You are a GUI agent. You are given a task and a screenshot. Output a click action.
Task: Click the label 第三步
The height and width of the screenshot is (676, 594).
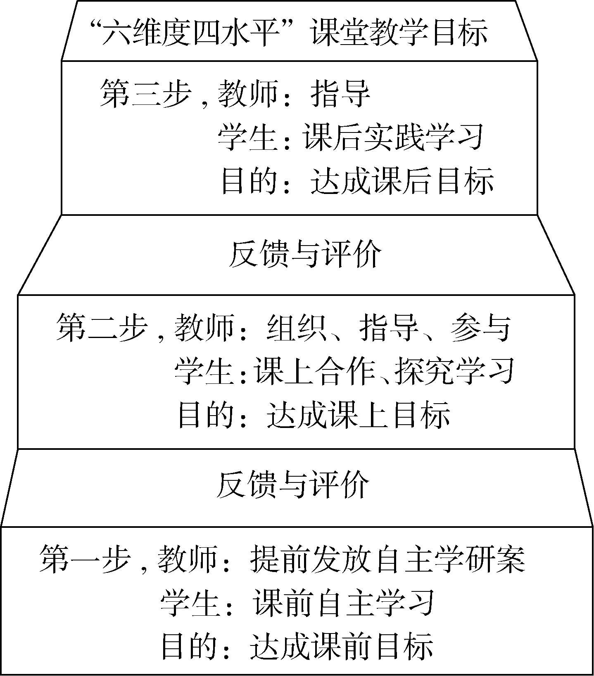145,94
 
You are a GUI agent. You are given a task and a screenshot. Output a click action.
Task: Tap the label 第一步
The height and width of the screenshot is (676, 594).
85,559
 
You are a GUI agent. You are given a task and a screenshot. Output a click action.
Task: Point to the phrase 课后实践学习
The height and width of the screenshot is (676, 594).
393,137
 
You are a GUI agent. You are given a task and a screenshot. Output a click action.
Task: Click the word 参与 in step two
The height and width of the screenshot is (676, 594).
481,328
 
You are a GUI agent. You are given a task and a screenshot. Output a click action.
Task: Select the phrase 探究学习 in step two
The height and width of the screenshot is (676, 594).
454,371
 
